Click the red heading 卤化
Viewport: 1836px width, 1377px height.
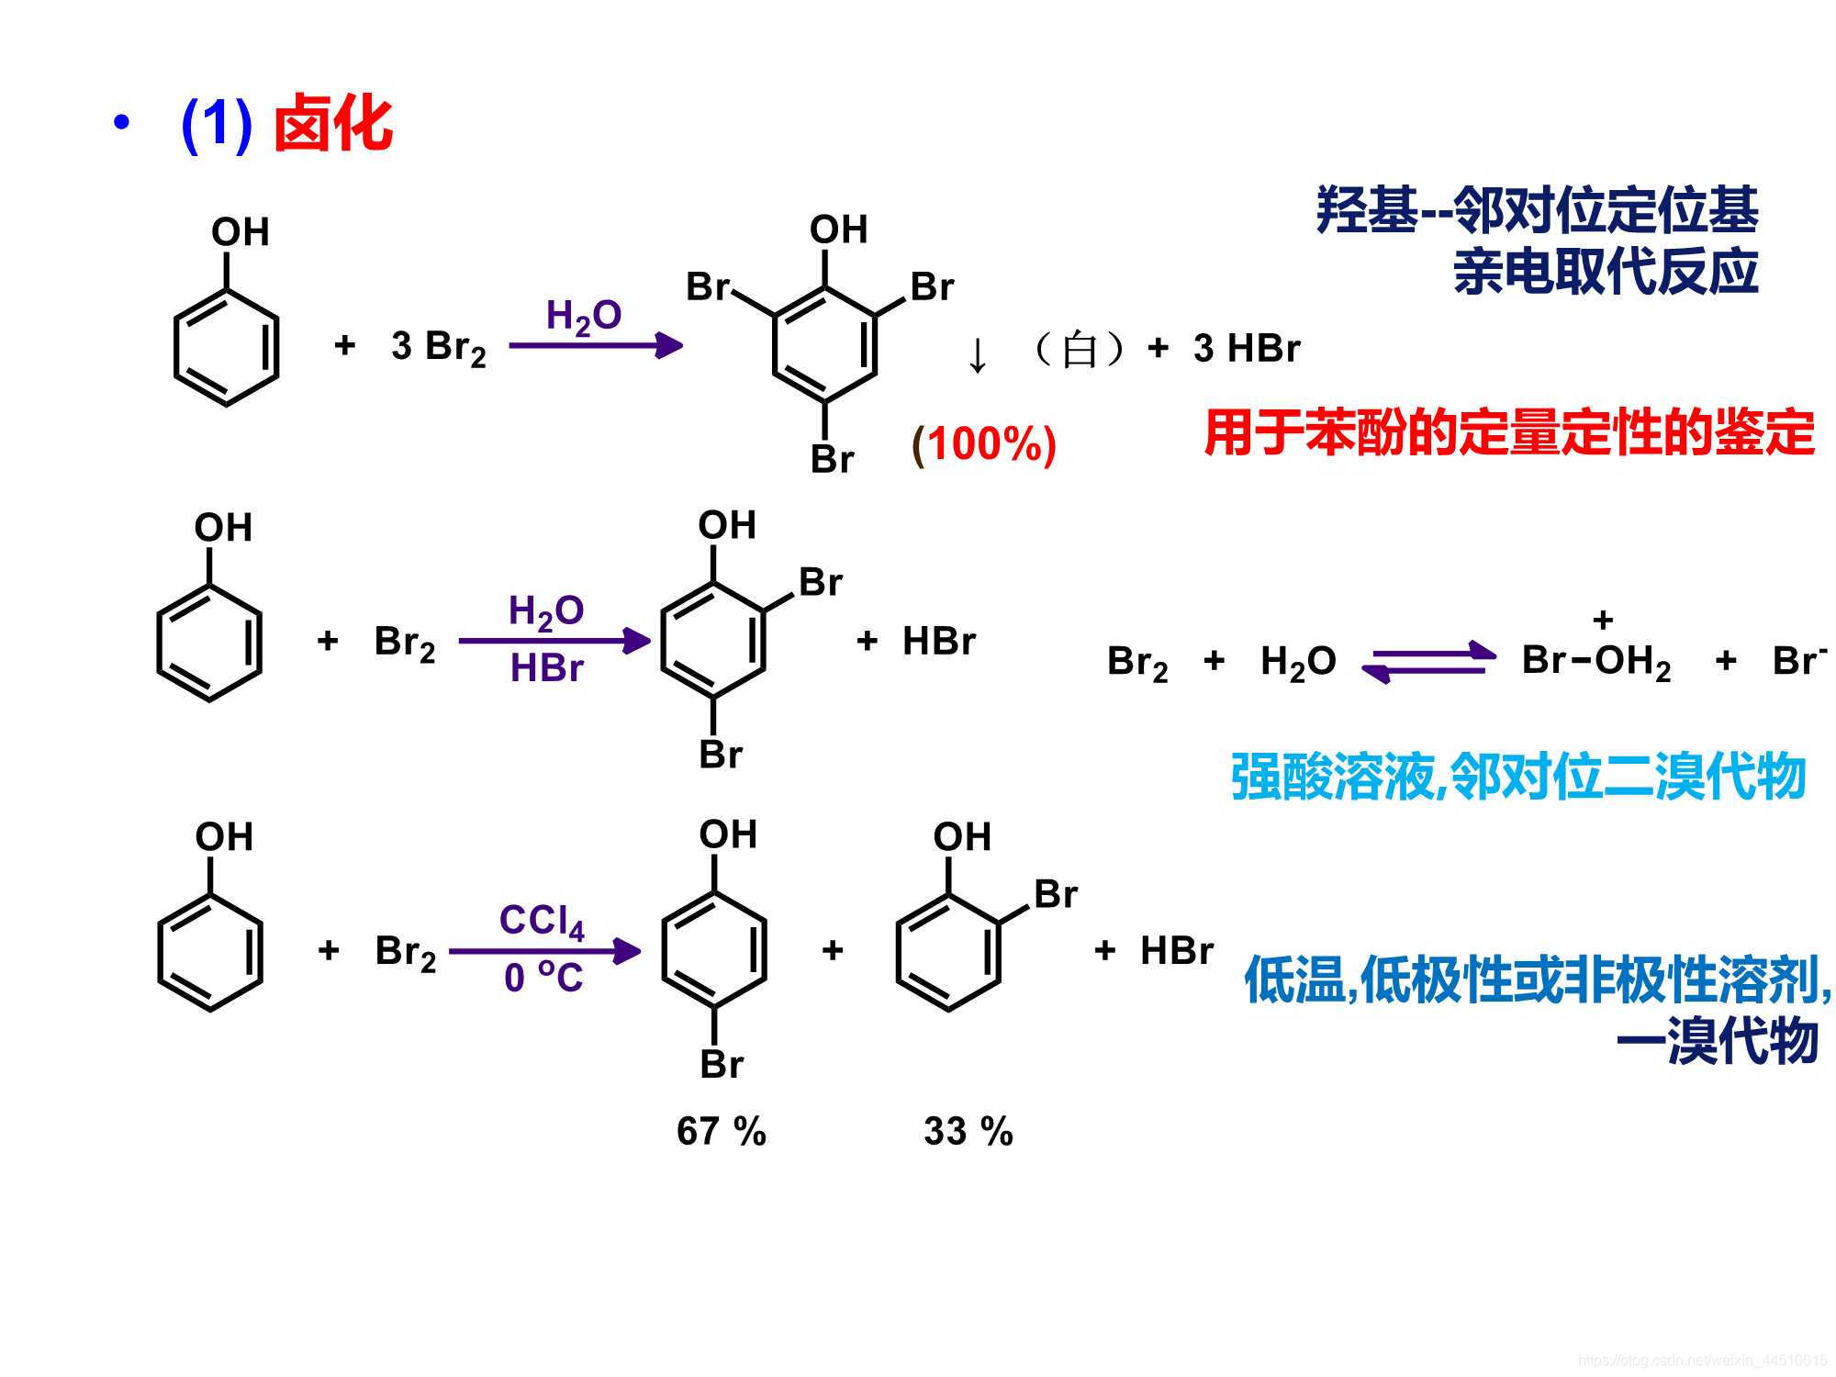[x=333, y=124]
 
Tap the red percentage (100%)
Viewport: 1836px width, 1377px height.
[x=983, y=444]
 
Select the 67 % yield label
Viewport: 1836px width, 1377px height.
[x=721, y=1131]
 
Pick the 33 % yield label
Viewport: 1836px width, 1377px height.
[x=968, y=1131]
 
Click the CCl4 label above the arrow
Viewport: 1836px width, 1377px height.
[x=542, y=921]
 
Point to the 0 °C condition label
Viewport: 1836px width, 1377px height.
[x=543, y=978]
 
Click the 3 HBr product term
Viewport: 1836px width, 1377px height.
[x=1247, y=349]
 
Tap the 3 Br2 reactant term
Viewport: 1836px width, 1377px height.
[x=438, y=348]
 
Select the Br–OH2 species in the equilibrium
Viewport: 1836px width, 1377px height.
[x=1595, y=661]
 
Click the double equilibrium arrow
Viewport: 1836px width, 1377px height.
[x=1428, y=662]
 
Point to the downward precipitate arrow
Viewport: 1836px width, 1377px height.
[x=978, y=355]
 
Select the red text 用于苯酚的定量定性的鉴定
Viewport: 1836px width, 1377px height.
[x=1508, y=432]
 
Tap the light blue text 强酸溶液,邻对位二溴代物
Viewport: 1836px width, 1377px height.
[x=1517, y=777]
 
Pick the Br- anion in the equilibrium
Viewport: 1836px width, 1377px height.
[x=1798, y=661]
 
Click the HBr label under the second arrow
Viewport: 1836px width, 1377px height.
[x=546, y=668]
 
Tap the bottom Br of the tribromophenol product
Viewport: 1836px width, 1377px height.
[x=832, y=459]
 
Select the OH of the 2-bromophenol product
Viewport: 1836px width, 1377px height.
[x=962, y=837]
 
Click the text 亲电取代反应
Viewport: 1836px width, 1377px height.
[x=1605, y=272]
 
